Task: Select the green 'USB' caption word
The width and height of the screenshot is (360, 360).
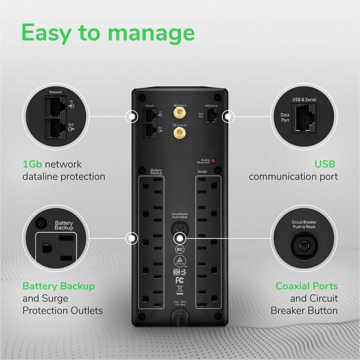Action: click(x=324, y=164)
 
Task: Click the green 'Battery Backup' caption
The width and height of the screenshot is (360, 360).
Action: click(x=58, y=286)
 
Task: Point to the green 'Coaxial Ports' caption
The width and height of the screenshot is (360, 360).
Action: click(x=306, y=286)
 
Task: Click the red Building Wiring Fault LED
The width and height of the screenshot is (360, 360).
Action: click(x=213, y=162)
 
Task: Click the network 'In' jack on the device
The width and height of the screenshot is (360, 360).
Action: click(x=149, y=115)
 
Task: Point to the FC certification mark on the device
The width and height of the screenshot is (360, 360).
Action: click(x=180, y=280)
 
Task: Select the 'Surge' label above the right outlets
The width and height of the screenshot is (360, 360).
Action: click(x=202, y=171)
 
